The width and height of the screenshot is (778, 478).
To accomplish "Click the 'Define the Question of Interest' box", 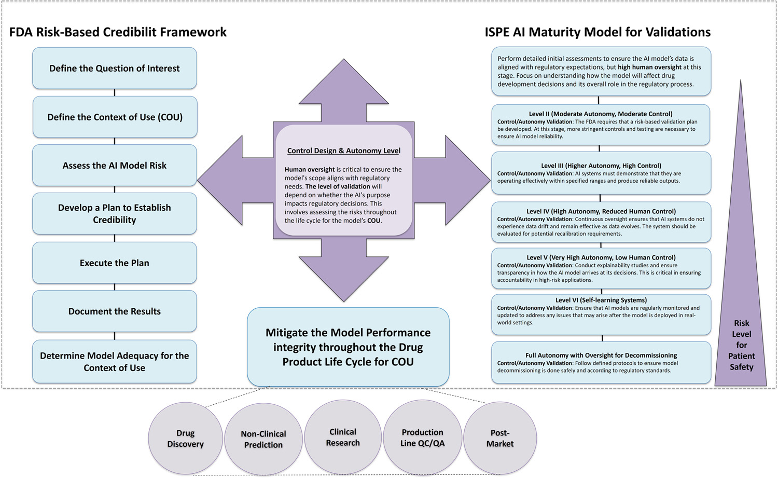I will tap(115, 69).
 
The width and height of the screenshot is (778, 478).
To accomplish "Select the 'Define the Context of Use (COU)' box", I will tap(115, 117).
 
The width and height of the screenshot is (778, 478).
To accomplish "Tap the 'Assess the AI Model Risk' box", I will tap(115, 166).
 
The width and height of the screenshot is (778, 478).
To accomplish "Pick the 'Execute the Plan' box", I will tap(115, 263).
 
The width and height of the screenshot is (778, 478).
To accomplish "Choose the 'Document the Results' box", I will tap(115, 311).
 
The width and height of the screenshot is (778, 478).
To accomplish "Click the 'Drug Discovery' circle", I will tap(185, 439).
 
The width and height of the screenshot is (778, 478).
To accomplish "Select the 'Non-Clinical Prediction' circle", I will tap(263, 439).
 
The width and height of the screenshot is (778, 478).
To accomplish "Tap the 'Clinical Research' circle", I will tap(343, 437).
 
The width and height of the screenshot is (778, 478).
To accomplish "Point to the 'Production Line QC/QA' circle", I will tap(422, 438).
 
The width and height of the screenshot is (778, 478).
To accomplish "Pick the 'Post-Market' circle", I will tap(500, 438).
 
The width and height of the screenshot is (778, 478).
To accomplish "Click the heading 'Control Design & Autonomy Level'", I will tap(344, 151).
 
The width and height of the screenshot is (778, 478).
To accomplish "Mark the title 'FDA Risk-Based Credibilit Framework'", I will tap(118, 32).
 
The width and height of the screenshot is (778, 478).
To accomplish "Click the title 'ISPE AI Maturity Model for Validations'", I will tap(598, 32).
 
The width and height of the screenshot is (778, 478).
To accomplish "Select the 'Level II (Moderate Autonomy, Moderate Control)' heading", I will tap(601, 114).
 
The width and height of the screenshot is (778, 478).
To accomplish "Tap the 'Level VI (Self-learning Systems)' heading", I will tap(601, 300).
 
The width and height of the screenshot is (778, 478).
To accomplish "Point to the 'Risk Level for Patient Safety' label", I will tap(741, 345).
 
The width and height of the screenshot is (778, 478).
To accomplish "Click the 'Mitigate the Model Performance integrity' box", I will tap(348, 347).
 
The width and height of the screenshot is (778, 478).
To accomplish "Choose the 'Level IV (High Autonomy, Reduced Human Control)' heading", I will tap(601, 211).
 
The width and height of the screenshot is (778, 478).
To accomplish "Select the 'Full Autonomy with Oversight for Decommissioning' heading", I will tap(601, 356).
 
